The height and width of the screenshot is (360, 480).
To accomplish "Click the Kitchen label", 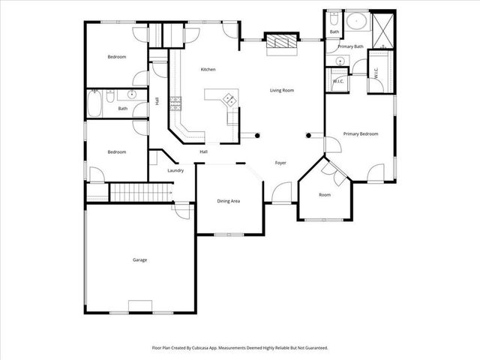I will (x=208, y=70).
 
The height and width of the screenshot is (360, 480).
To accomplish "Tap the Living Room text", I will (x=282, y=90).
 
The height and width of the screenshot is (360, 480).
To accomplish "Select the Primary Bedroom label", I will (x=360, y=134).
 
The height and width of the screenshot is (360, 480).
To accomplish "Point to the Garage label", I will (x=139, y=259).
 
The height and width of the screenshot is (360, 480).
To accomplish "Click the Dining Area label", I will (x=228, y=201).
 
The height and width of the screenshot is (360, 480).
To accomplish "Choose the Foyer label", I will (x=280, y=163).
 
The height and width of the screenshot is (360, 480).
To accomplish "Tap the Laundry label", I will (x=176, y=171).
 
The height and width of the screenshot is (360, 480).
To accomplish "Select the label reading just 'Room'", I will (x=325, y=195).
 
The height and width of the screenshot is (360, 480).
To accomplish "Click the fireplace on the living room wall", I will (x=281, y=43).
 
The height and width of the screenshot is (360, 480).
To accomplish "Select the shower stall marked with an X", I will (x=382, y=29).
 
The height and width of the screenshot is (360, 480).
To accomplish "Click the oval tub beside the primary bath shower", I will (x=356, y=22).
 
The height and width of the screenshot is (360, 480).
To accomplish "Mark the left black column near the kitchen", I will (x=257, y=136).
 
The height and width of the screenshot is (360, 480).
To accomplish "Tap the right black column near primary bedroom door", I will (x=309, y=136).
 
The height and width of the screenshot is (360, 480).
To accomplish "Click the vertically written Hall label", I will (x=157, y=101).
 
